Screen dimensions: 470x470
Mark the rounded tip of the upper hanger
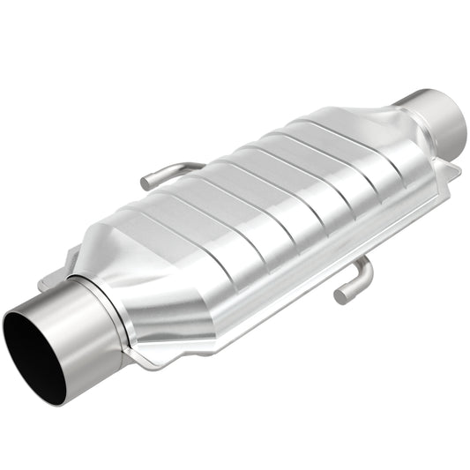pos(145,184)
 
